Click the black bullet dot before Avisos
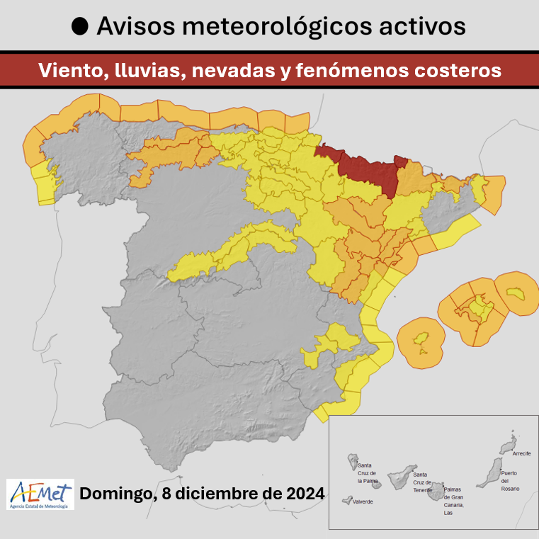81,27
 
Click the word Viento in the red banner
66,71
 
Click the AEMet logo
40,494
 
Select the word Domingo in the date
113,494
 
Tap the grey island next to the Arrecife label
507,446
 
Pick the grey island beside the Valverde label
346,500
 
